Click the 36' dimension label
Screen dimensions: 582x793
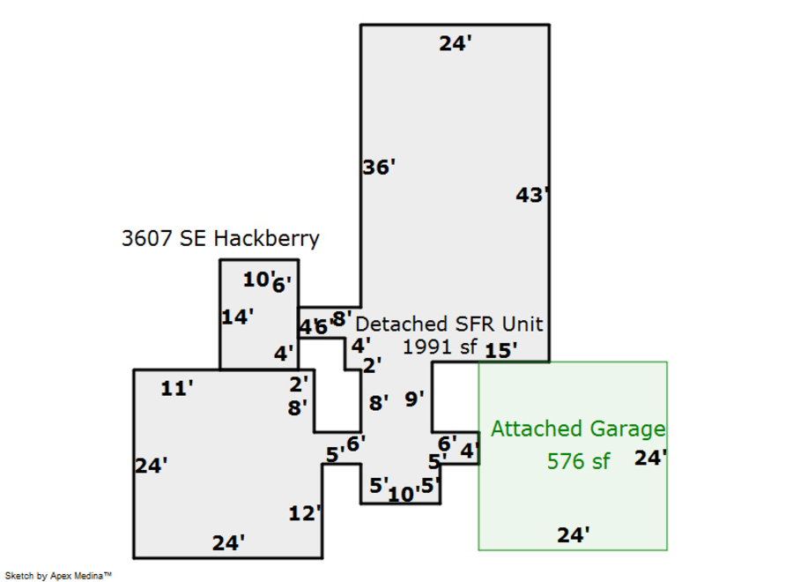(x=379, y=167)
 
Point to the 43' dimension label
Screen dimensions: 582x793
(x=532, y=195)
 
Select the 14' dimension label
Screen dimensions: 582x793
(x=237, y=317)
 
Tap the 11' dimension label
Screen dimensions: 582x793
(x=176, y=388)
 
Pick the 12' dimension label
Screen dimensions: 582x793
(x=304, y=513)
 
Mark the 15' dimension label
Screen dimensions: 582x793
(x=500, y=350)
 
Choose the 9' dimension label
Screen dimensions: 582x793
(x=414, y=399)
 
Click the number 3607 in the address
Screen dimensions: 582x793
(x=148, y=238)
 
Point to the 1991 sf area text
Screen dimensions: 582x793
(x=439, y=347)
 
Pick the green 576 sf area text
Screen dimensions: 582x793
(x=578, y=460)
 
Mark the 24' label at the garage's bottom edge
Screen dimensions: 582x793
(x=573, y=533)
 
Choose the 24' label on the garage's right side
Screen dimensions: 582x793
(x=650, y=458)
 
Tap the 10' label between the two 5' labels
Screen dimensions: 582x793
(x=402, y=495)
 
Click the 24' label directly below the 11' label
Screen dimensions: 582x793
(x=152, y=466)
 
